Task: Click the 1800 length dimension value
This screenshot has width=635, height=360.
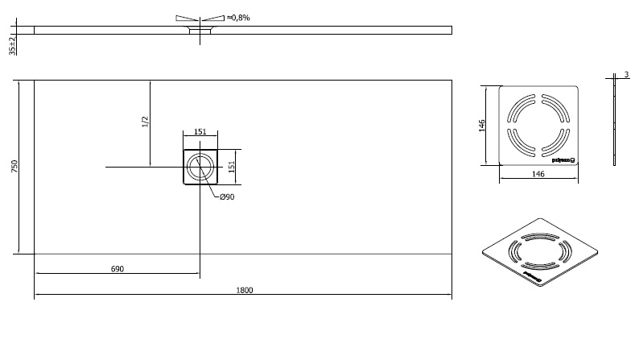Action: (x=245, y=290)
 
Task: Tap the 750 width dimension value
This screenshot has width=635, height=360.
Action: (x=14, y=167)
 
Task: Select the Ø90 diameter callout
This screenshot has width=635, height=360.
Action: (x=227, y=197)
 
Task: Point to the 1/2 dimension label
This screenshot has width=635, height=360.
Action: (x=145, y=122)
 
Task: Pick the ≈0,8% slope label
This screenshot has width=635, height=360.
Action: (x=238, y=17)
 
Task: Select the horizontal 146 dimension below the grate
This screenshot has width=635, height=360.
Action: (x=538, y=174)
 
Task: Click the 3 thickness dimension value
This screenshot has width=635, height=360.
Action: (x=625, y=75)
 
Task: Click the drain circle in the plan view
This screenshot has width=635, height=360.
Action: (x=199, y=167)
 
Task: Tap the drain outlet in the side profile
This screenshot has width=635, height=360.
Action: (x=199, y=31)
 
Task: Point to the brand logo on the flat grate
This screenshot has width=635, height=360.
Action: (x=561, y=159)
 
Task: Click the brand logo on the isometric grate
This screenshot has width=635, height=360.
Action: (x=534, y=279)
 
